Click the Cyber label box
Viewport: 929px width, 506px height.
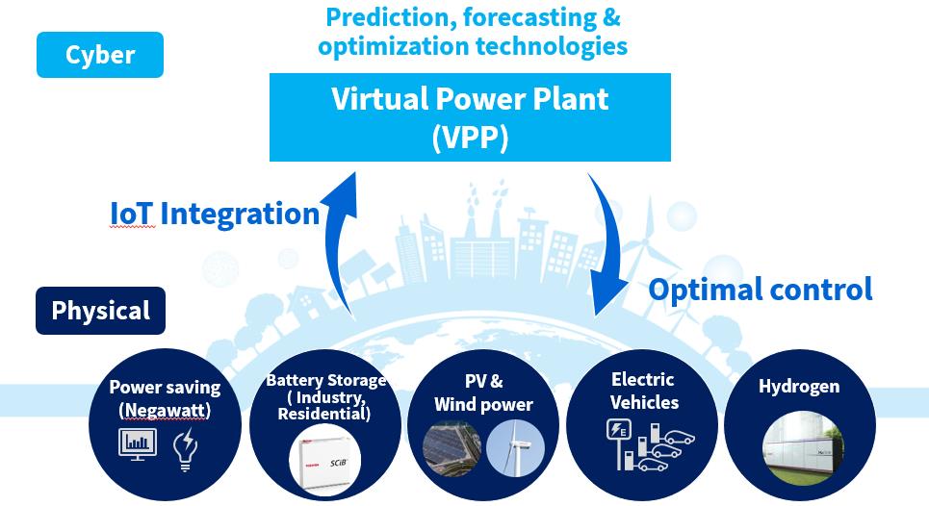click(x=100, y=55)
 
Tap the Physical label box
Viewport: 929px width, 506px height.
click(x=100, y=311)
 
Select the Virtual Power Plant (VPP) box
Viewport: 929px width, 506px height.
click(x=470, y=117)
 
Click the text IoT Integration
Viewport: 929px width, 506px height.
click(x=215, y=214)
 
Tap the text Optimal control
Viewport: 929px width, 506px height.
click(x=761, y=290)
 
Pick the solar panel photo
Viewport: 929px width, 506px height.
click(x=452, y=449)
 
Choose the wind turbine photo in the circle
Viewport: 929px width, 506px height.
click(x=515, y=448)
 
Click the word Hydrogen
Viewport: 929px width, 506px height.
click(x=799, y=387)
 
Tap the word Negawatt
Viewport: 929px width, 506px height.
click(x=165, y=410)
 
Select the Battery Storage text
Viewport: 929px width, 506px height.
click(x=325, y=380)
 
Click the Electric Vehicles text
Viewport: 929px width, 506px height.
click(x=644, y=391)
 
